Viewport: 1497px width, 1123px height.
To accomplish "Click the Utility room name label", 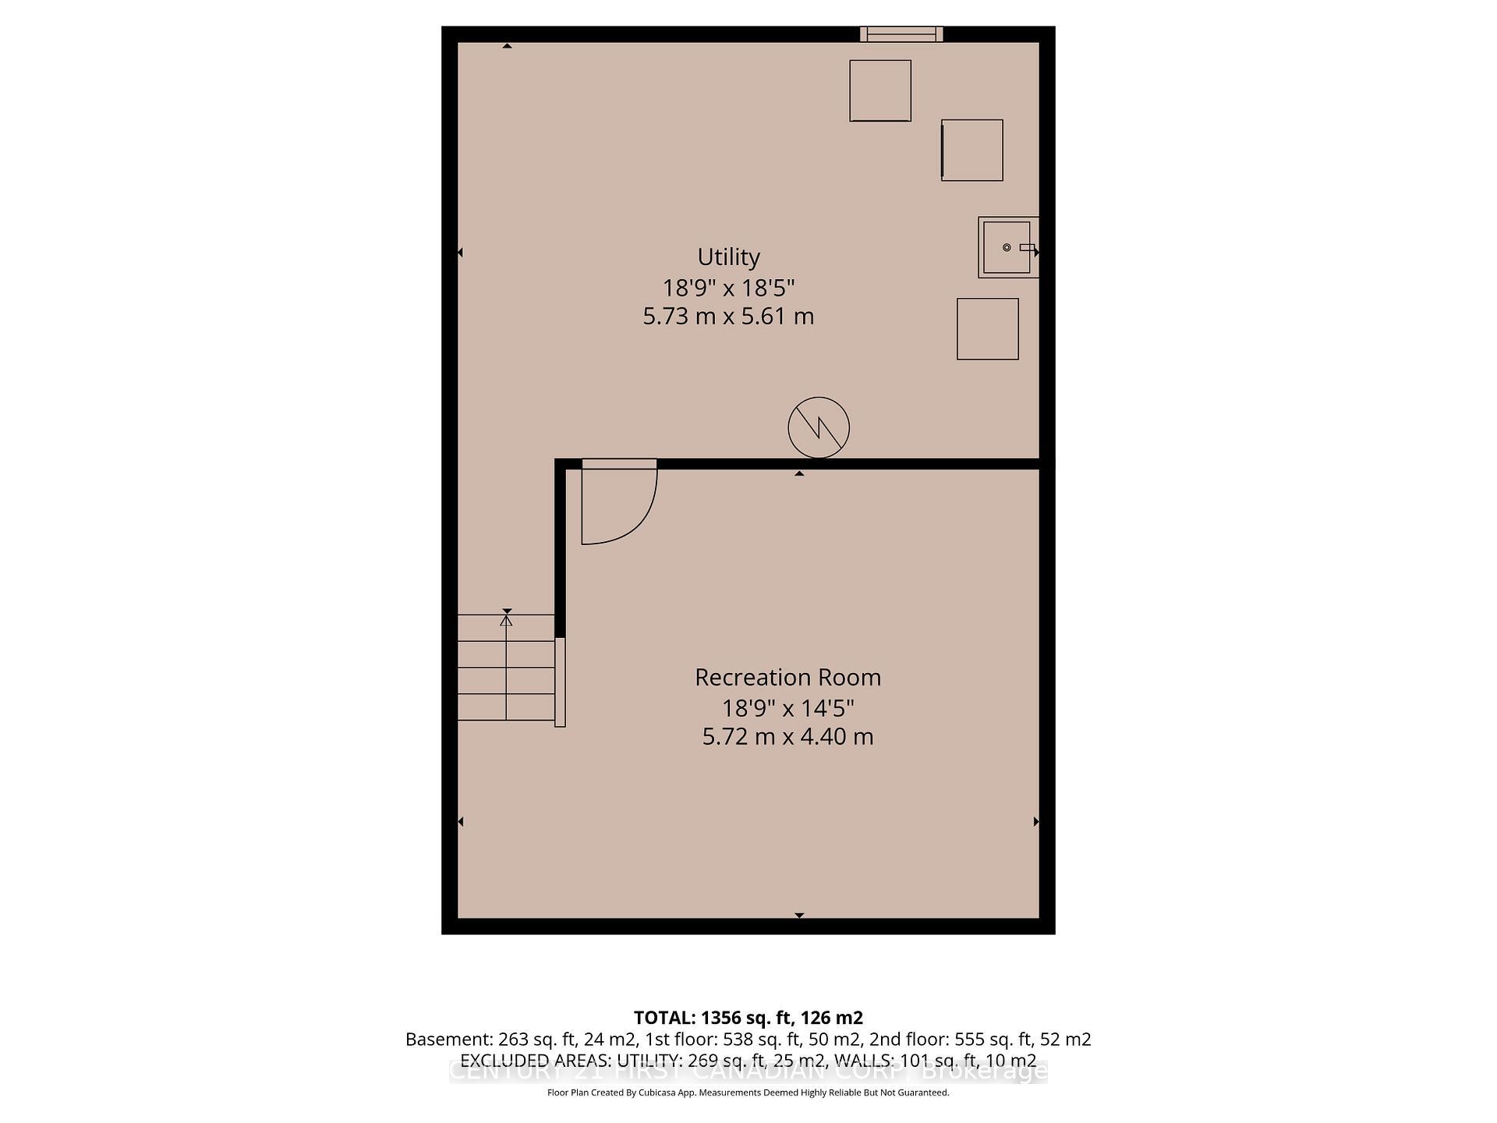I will click(728, 257).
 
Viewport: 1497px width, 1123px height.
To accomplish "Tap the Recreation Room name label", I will click(787, 677).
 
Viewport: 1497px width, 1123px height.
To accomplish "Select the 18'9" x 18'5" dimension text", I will click(728, 288).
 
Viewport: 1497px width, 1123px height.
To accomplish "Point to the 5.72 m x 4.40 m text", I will click(787, 736).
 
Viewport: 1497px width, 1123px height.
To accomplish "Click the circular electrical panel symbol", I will click(818, 427).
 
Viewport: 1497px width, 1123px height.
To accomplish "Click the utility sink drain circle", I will click(1007, 247).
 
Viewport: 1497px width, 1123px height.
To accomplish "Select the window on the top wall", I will click(901, 34).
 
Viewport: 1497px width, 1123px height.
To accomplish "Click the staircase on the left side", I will click(505, 668).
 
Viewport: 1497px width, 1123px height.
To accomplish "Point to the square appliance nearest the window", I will click(880, 90).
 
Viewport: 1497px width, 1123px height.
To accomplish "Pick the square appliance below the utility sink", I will click(988, 329).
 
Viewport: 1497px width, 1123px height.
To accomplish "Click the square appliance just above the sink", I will click(972, 151).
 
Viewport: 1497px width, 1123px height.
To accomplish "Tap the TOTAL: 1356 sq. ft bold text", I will click(748, 1018).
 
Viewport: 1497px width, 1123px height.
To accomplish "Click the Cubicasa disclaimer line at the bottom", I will click(748, 1093).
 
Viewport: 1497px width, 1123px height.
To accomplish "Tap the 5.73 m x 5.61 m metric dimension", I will click(728, 317).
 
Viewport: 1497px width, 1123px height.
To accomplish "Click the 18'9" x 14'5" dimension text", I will click(787, 708).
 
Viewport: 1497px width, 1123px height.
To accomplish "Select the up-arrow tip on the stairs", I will click(507, 619).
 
